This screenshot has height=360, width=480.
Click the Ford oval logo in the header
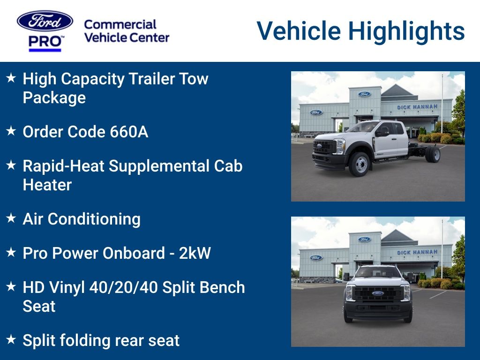click(x=45, y=21)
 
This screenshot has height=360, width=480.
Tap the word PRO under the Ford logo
click(x=45, y=42)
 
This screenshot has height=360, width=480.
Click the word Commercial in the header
click(x=120, y=24)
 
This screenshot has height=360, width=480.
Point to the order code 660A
click(x=129, y=132)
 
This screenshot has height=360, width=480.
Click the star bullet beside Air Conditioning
click(x=11, y=218)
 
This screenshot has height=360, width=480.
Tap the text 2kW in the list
click(x=195, y=253)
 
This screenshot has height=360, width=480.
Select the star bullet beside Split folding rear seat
click(x=11, y=340)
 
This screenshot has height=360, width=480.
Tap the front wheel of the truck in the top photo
click(x=360, y=164)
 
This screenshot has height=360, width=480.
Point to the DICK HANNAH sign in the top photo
click(x=417, y=107)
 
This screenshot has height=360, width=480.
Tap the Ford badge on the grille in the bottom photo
click(x=378, y=294)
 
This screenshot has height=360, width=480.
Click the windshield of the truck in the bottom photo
click(x=378, y=272)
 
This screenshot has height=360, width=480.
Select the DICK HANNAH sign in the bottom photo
click(x=417, y=253)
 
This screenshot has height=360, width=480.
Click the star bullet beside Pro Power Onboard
click(x=11, y=253)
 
